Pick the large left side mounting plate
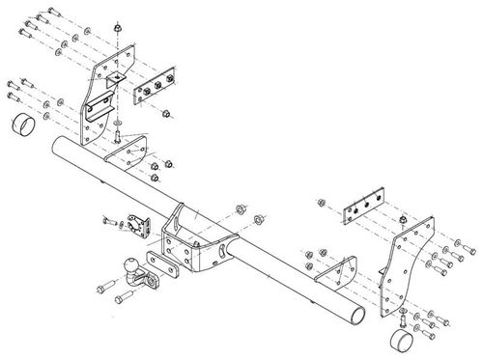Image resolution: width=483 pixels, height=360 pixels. [102, 97]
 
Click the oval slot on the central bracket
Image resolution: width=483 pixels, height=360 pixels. [223, 254]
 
